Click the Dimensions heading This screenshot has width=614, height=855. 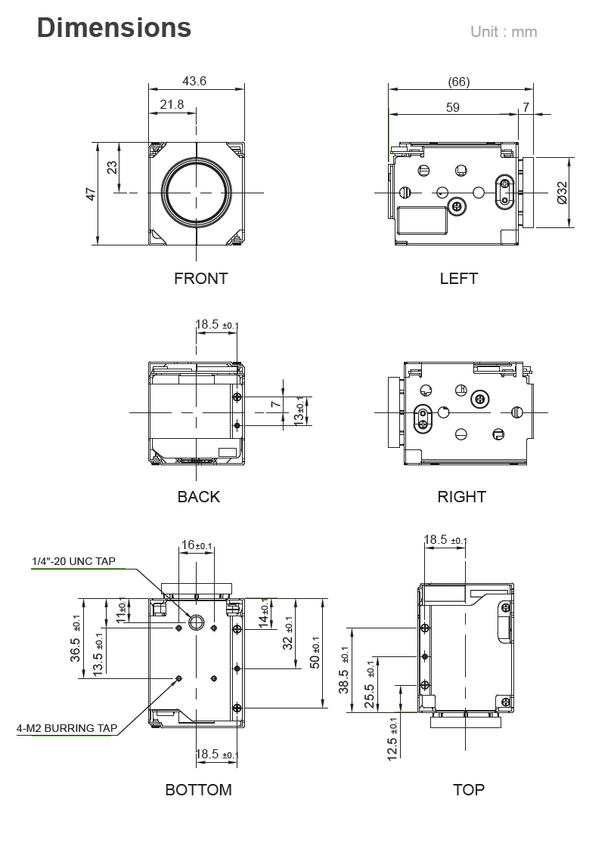coord(114,28)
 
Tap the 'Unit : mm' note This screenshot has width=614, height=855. coord(504,32)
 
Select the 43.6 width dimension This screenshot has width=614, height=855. coord(194,81)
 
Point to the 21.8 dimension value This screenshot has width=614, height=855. coord(172,104)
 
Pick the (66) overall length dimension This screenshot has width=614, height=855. coord(458,82)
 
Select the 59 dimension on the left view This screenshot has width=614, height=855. coord(452,107)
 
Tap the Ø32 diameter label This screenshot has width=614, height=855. coord(562,193)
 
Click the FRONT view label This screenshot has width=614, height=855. coord(200,279)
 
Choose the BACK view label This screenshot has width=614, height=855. coord(198,497)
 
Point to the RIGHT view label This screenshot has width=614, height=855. coord(461,497)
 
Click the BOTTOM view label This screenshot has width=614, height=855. coord(198,790)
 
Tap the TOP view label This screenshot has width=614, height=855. coord(468,790)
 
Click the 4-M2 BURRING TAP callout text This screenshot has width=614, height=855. coord(67,729)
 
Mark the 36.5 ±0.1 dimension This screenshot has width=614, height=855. coord(76,639)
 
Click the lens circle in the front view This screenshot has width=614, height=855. coord(197,193)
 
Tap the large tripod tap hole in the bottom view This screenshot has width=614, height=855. coord(197,622)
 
